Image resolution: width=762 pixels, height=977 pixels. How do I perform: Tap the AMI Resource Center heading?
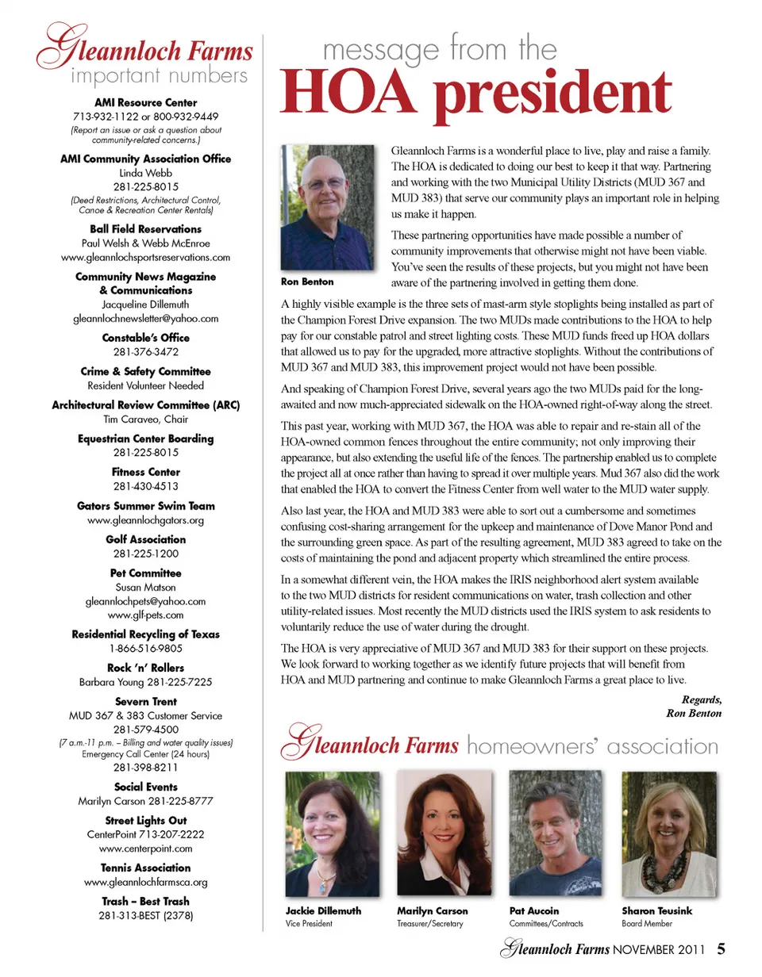(x=145, y=103)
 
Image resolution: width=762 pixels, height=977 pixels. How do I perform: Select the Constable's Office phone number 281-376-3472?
(x=145, y=351)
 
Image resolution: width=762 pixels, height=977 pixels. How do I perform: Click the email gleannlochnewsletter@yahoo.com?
(x=145, y=318)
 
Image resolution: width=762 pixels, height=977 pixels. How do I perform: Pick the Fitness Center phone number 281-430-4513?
(x=145, y=486)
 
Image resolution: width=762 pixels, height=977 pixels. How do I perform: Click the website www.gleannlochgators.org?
(x=145, y=520)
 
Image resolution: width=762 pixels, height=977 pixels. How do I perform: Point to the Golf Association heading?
(x=145, y=539)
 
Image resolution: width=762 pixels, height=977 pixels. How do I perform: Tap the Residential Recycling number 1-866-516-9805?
(x=145, y=648)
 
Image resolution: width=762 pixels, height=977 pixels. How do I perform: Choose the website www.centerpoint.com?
(x=145, y=849)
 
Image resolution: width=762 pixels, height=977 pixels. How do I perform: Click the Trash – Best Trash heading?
(x=145, y=901)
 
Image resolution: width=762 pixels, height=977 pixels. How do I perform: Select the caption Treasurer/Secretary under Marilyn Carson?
(x=429, y=924)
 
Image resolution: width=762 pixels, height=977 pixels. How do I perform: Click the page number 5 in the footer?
(x=722, y=948)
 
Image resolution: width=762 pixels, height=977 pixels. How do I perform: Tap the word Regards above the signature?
(x=702, y=699)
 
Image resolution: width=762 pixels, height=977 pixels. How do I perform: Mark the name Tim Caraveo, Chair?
(x=145, y=419)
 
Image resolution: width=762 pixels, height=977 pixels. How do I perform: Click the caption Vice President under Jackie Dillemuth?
(x=309, y=924)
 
